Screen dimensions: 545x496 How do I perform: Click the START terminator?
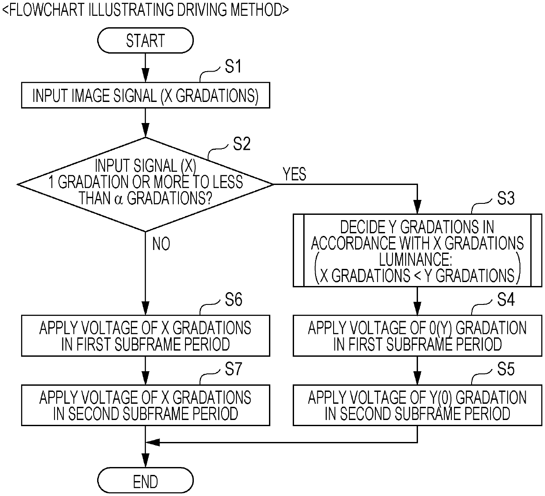point(145,40)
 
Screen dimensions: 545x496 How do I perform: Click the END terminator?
point(145,480)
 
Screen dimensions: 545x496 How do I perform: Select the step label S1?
point(233,66)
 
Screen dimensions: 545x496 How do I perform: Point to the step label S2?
point(242,144)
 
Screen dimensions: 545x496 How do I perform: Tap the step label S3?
point(505,198)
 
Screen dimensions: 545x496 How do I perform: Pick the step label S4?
point(505,300)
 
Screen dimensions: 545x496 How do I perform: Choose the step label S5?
point(505,369)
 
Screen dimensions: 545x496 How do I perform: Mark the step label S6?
point(233,300)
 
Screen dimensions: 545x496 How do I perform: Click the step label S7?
point(233,369)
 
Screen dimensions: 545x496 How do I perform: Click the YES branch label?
point(294,174)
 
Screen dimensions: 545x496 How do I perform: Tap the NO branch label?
point(161,244)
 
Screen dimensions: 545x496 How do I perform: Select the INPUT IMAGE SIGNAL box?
point(145,95)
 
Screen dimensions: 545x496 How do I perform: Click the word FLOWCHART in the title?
point(47,10)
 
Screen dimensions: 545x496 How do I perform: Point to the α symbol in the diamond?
point(119,199)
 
